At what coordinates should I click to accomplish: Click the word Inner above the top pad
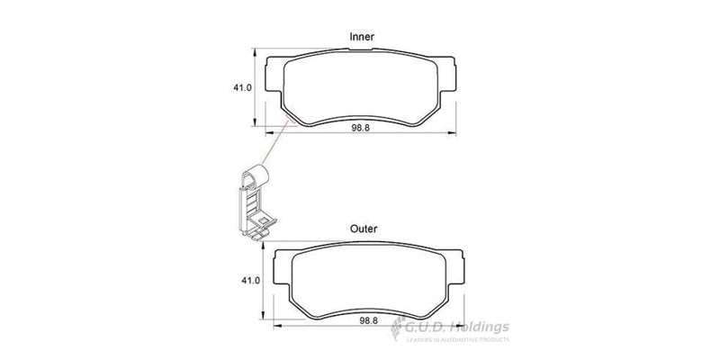(362, 36)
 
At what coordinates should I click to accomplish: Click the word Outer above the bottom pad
(363, 229)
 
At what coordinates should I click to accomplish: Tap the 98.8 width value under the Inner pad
(362, 129)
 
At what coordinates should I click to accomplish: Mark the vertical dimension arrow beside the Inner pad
(259, 87)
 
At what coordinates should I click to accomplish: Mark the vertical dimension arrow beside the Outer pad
(262, 282)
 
